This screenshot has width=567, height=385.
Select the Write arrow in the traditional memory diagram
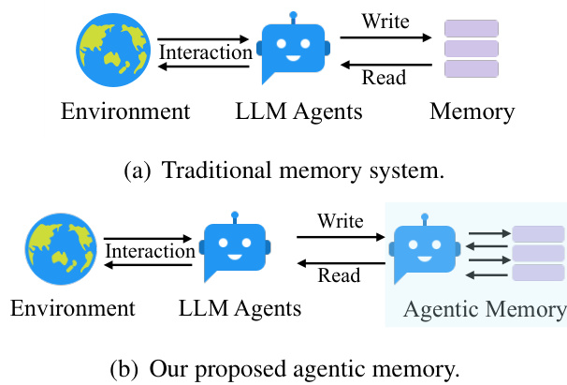[385, 38]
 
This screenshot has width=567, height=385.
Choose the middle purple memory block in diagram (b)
[538, 254]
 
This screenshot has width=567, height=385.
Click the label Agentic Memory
[484, 309]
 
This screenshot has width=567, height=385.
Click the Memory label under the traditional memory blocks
[472, 112]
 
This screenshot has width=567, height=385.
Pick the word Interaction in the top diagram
[206, 52]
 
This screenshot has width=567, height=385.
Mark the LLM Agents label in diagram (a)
[298, 112]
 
